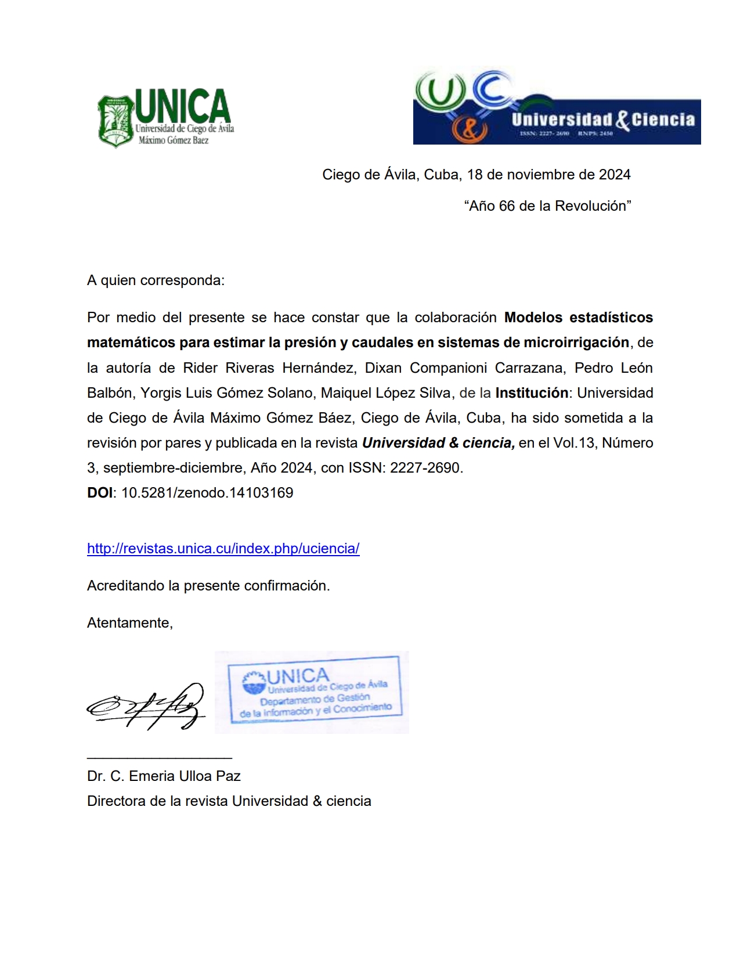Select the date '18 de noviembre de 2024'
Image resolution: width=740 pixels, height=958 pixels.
click(x=548, y=175)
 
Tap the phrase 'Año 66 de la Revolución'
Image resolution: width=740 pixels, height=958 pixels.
click(x=547, y=206)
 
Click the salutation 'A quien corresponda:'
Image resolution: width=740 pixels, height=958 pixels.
click(x=156, y=280)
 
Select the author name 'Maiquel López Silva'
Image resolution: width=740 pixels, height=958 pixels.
click(x=385, y=393)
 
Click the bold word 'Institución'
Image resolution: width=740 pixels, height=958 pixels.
click(x=531, y=393)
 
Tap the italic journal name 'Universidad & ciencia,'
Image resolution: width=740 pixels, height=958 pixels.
click(x=438, y=443)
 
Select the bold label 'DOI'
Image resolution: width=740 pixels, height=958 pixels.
click(x=100, y=493)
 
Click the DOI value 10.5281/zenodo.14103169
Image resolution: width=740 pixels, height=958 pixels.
click(x=207, y=493)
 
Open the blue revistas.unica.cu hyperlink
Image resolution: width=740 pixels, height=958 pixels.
click(x=223, y=549)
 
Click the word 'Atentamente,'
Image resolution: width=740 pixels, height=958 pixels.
click(x=130, y=623)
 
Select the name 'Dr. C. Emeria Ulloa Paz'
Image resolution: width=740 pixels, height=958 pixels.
click(x=164, y=776)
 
